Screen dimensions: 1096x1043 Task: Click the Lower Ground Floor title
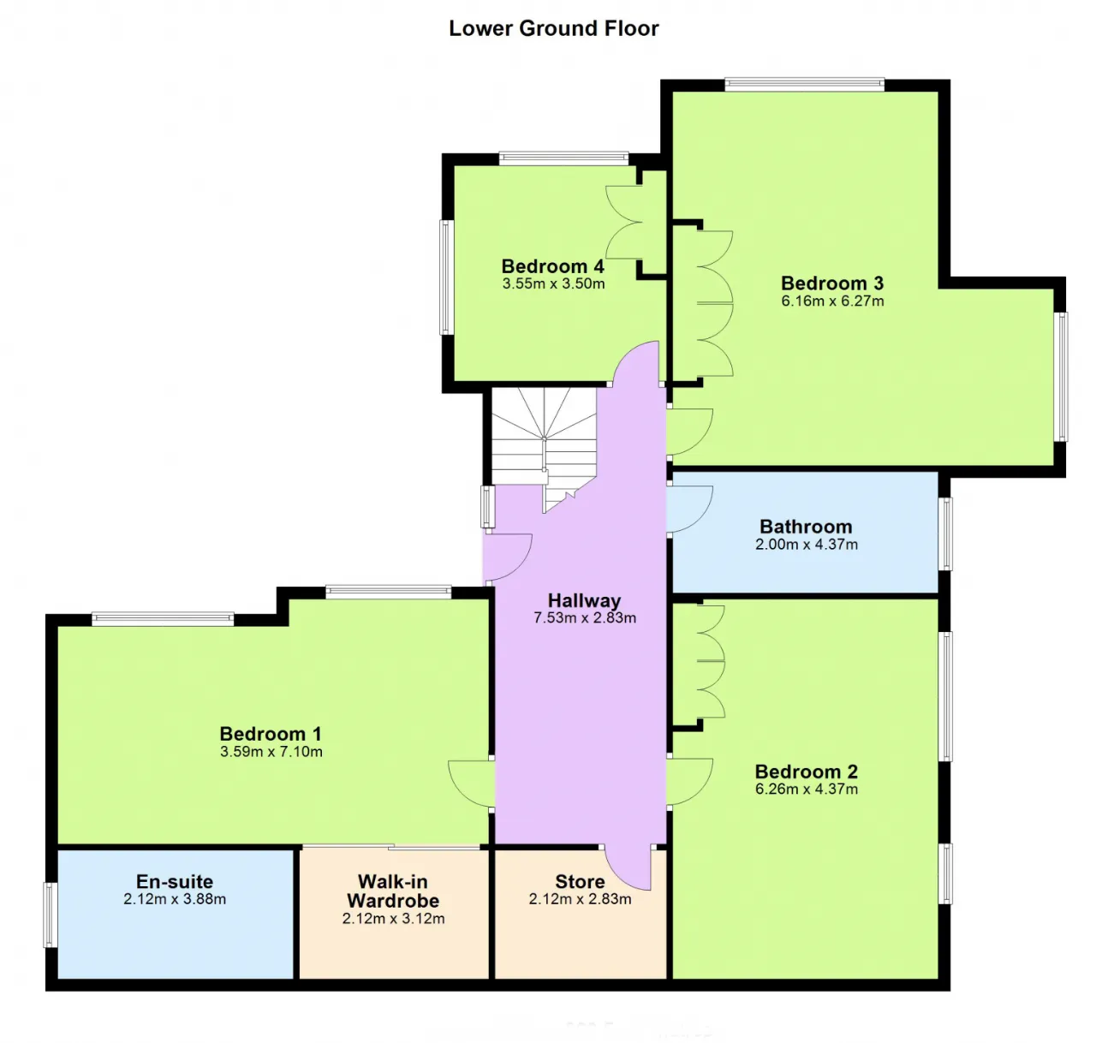(554, 28)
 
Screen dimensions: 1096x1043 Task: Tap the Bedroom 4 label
(552, 266)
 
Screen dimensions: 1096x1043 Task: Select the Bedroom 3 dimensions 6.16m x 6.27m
(832, 301)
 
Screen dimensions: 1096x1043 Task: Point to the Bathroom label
(806, 527)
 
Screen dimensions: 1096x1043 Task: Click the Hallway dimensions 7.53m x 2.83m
(584, 618)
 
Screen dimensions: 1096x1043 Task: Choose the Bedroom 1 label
(271, 734)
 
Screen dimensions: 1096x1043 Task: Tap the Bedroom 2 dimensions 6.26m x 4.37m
(806, 790)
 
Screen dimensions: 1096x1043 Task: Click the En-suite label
(175, 882)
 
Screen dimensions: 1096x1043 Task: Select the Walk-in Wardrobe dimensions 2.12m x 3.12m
(393, 919)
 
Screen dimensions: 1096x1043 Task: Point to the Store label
(580, 882)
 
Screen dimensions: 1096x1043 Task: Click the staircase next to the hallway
(544, 446)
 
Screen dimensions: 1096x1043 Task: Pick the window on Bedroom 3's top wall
(804, 85)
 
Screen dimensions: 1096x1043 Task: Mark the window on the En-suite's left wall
(51, 915)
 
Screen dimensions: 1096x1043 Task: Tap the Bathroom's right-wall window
(945, 534)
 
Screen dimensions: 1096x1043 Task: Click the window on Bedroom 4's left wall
(447, 277)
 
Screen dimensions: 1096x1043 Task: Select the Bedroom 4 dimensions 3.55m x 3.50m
(553, 284)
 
